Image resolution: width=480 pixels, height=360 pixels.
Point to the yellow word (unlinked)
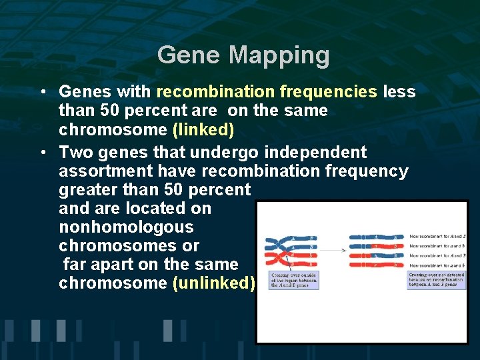pyautogui.click(x=213, y=283)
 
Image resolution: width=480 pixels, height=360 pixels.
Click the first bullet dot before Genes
pyautogui.click(x=42, y=91)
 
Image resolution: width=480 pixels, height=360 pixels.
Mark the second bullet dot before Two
pyautogui.click(x=42, y=153)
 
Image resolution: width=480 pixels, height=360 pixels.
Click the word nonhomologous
pyautogui.click(x=126, y=227)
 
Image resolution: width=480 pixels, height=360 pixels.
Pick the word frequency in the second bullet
pyautogui.click(x=367, y=171)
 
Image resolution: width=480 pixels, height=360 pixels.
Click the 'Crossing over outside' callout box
pyautogui.click(x=293, y=280)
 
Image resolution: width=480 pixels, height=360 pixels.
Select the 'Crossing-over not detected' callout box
pyautogui.click(x=436, y=279)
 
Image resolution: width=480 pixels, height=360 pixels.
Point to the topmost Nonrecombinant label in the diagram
pyautogui.click(x=437, y=237)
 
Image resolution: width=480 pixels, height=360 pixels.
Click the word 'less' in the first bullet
pyautogui.click(x=399, y=91)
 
